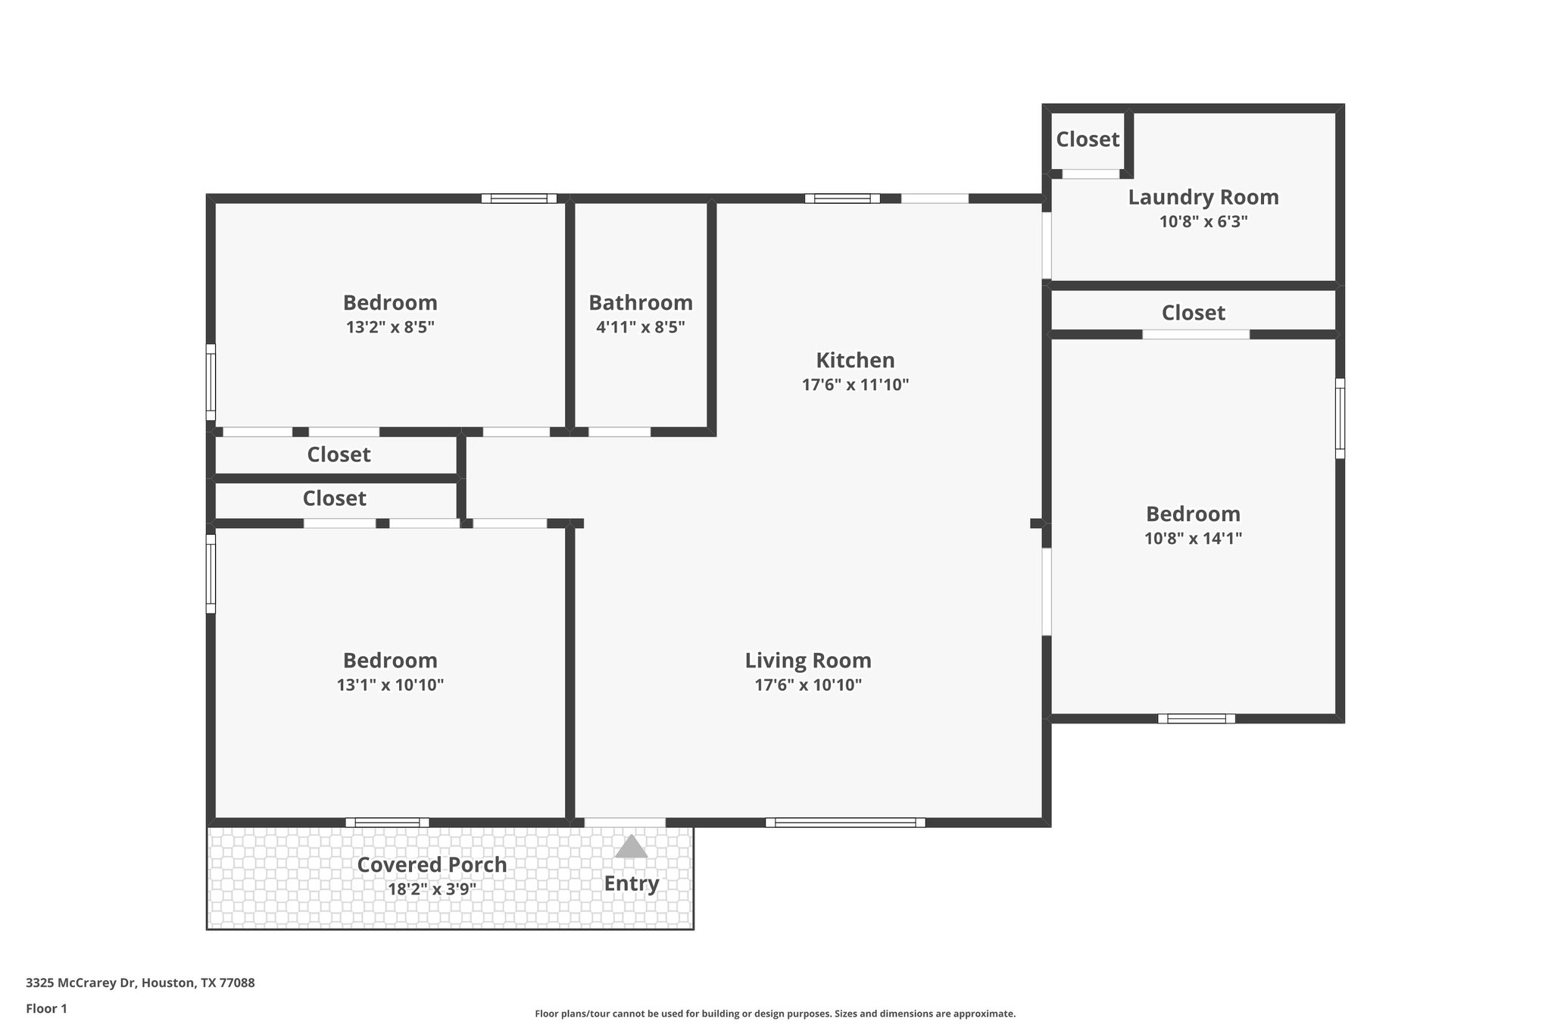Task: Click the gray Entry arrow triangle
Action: pyautogui.click(x=631, y=848)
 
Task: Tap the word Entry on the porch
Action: pyautogui.click(x=631, y=884)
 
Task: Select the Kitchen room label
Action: pyautogui.click(x=855, y=360)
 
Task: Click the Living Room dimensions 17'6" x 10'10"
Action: pyautogui.click(x=808, y=686)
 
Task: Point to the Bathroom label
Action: pyautogui.click(x=641, y=303)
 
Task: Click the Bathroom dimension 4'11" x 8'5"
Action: pyautogui.click(x=641, y=327)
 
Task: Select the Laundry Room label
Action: pyautogui.click(x=1203, y=198)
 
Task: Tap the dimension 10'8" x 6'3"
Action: pyautogui.click(x=1203, y=222)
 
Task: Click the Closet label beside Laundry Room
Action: pyautogui.click(x=1088, y=139)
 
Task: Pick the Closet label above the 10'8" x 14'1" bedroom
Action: pyautogui.click(x=1193, y=313)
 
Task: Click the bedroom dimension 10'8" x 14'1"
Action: pyautogui.click(x=1193, y=539)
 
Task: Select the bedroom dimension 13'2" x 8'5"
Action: pyautogui.click(x=390, y=327)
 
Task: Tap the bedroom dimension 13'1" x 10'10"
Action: pyautogui.click(x=390, y=686)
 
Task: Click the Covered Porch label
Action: pyautogui.click(x=432, y=865)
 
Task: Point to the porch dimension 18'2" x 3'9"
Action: pyautogui.click(x=432, y=889)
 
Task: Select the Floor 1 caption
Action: pyautogui.click(x=46, y=1009)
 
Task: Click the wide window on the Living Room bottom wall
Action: pyautogui.click(x=845, y=823)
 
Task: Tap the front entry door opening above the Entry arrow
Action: pyautogui.click(x=625, y=823)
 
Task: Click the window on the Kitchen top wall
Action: pyautogui.click(x=842, y=198)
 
